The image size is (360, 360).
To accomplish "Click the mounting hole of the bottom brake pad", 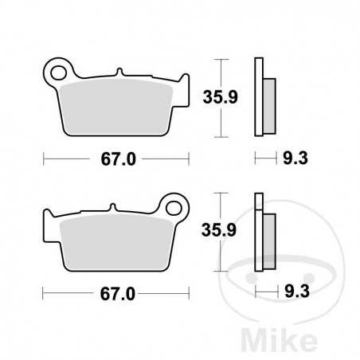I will pos(174,204).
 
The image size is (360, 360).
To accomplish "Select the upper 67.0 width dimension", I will pos(117,158).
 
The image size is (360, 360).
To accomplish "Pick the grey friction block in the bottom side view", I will pos(269,238).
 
